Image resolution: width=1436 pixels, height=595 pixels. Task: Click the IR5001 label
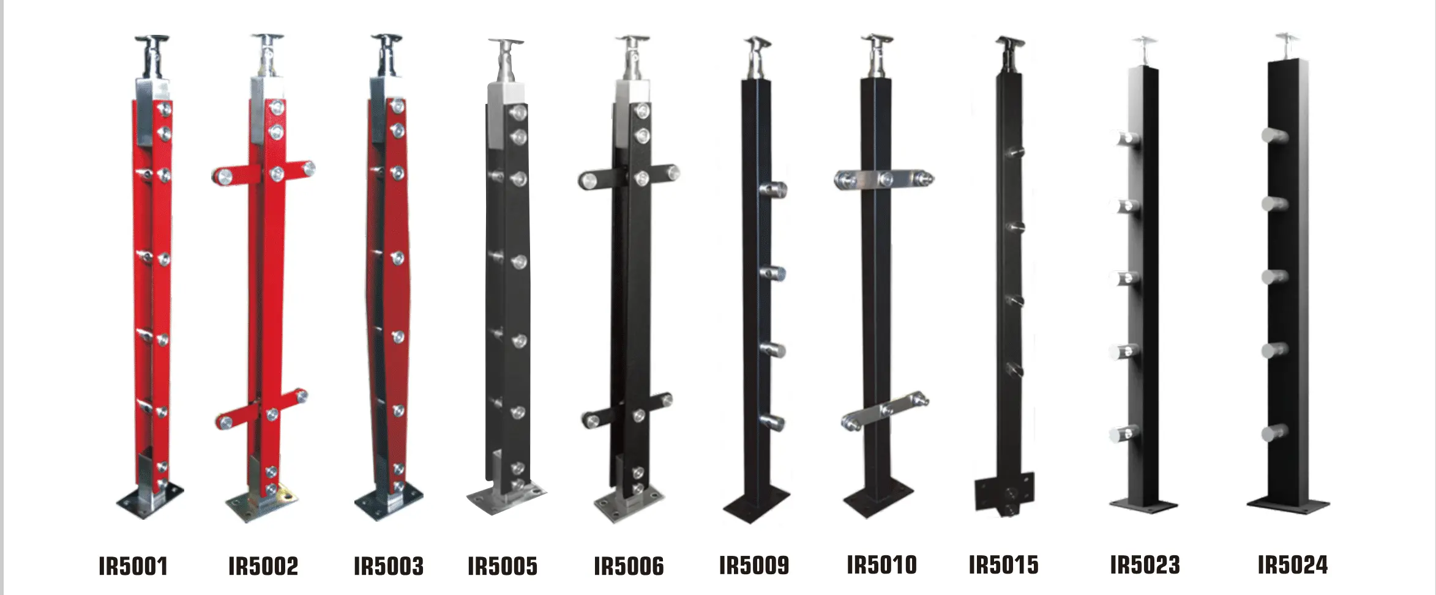133,566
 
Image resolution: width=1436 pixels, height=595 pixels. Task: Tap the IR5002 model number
263,566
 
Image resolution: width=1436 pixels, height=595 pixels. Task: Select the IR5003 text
389,566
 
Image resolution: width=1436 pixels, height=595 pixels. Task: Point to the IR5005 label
503,566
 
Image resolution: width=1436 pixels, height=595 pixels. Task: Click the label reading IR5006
629,566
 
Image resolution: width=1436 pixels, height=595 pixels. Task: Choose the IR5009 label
754,565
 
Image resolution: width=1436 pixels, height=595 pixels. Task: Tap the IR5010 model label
882,565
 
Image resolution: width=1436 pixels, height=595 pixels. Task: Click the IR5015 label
1004,565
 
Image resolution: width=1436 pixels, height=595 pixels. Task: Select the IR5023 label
1145,565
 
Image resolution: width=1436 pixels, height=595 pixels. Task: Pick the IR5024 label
1293,565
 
